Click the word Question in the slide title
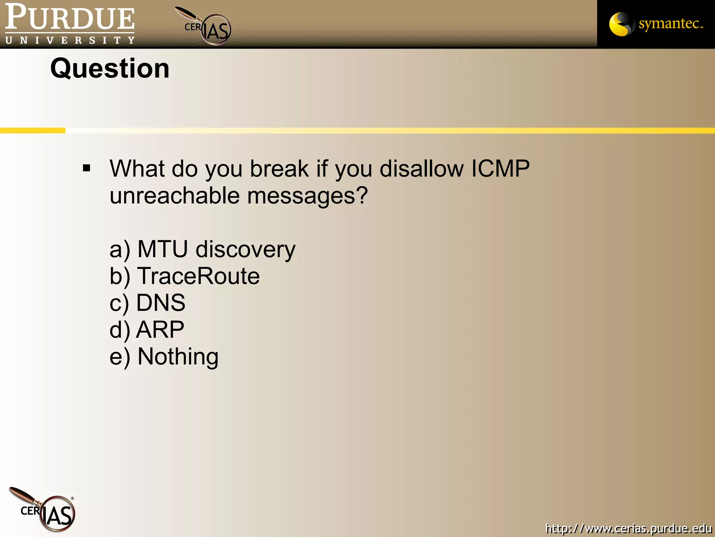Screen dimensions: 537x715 110,69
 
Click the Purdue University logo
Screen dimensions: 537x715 70,24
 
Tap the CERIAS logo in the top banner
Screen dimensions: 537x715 208,27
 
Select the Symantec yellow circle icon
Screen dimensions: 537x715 620,24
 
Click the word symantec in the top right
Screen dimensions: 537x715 670,24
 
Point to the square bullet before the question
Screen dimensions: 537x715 87,169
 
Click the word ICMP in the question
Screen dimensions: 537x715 500,169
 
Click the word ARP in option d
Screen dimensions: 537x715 160,330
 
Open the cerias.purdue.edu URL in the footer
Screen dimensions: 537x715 628,528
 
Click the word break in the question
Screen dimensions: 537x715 279,169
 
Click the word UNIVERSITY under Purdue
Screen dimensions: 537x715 70,41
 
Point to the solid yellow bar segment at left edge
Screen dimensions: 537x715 32,130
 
